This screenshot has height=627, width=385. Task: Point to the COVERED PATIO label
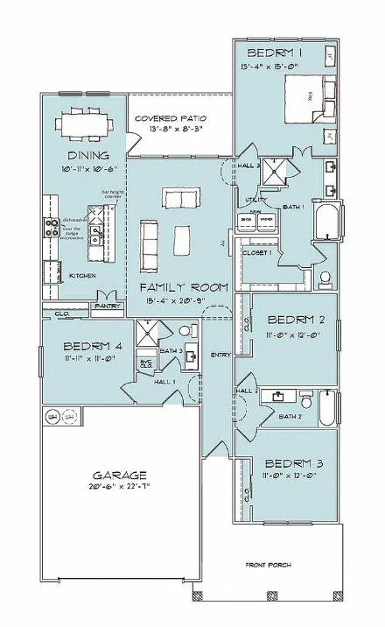click(170, 117)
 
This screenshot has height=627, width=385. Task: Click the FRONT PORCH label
click(268, 565)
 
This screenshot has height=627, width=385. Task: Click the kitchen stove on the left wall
click(51, 229)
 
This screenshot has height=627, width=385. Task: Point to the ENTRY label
click(220, 354)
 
